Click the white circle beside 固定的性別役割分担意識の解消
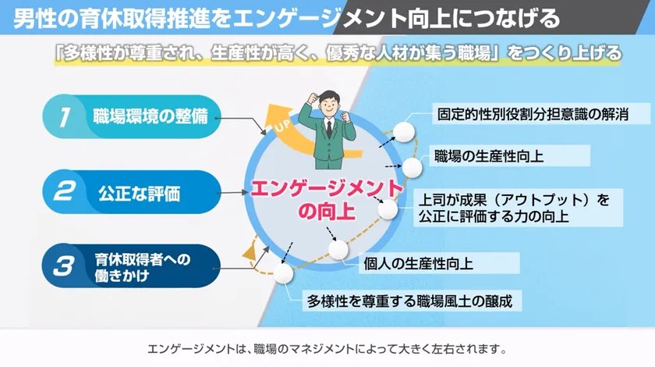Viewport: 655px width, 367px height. click(x=403, y=131)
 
